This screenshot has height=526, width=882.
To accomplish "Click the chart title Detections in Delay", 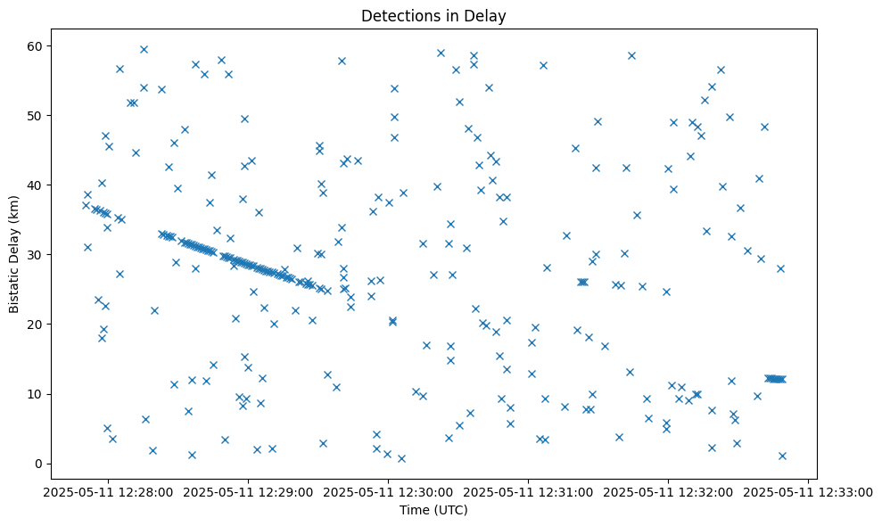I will (x=433, y=15).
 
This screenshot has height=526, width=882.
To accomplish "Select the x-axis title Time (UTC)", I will (x=433, y=510).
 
